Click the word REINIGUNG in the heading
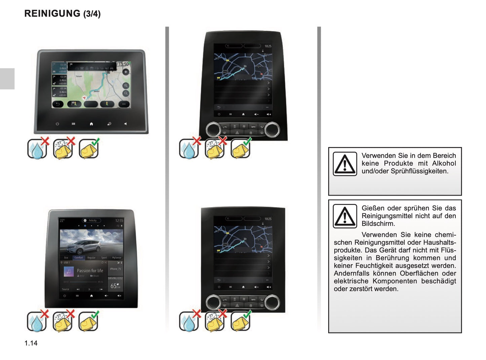click(52, 13)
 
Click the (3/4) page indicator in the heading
click(92, 14)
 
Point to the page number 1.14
click(31, 343)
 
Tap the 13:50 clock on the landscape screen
click(123, 64)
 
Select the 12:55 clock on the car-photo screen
click(119, 221)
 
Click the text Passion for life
click(90, 271)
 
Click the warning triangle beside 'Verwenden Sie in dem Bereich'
click(345, 164)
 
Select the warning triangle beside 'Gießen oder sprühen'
click(345, 216)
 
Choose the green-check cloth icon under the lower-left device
click(89, 322)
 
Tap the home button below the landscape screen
click(91, 124)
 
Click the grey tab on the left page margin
click(7, 79)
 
